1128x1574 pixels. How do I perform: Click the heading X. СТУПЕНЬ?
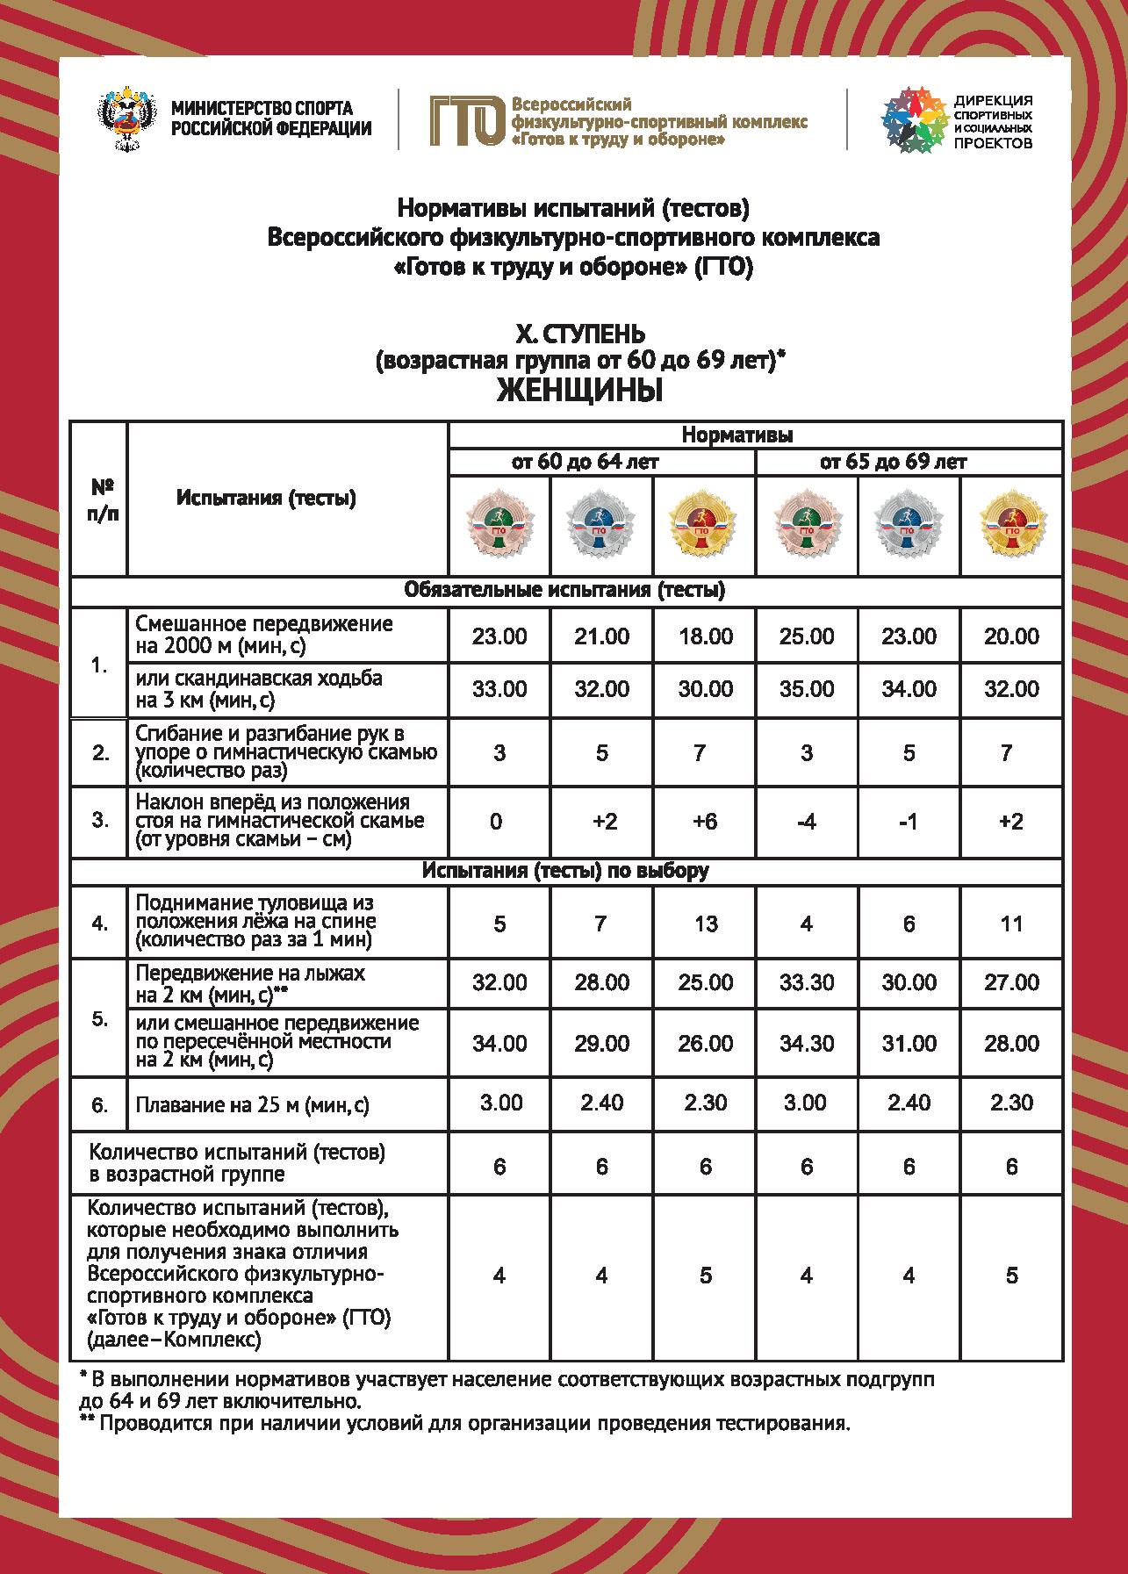click(579, 334)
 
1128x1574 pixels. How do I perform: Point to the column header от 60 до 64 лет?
click(586, 462)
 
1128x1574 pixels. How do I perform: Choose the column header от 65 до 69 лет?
click(894, 462)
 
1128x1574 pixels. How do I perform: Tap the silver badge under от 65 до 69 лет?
click(909, 525)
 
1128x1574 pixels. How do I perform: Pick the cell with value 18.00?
click(705, 636)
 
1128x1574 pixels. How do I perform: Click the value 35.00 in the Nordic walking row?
click(806, 689)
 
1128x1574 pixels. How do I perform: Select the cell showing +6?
click(705, 821)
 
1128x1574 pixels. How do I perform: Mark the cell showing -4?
click(806, 821)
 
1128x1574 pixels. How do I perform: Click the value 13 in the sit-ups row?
click(705, 924)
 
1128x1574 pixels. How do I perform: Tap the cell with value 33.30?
click(806, 982)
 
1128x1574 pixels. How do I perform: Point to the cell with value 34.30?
click(806, 1044)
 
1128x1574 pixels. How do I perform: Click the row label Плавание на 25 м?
click(252, 1105)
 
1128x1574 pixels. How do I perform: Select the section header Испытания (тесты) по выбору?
click(565, 871)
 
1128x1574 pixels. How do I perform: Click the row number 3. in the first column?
click(100, 821)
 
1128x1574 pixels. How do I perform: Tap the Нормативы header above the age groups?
click(737, 435)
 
